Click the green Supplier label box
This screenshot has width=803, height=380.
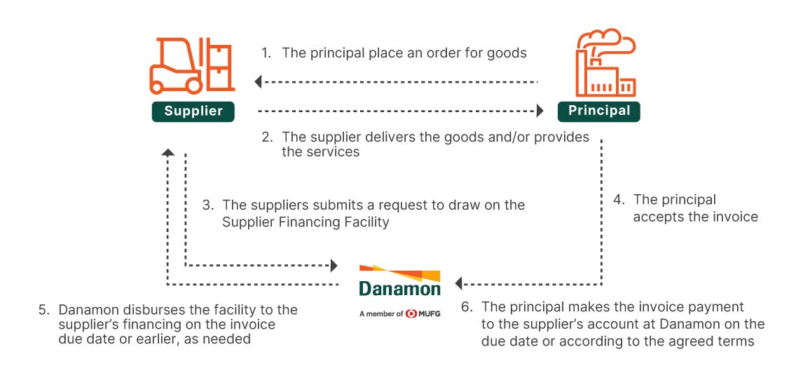(x=193, y=111)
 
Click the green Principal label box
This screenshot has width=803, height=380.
(x=599, y=111)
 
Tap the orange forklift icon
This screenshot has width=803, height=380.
(x=190, y=65)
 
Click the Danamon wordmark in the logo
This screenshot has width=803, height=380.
(x=399, y=288)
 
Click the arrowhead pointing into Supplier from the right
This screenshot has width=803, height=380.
(x=258, y=82)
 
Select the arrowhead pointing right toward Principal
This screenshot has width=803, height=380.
(x=540, y=111)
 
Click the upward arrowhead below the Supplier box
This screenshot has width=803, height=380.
(x=167, y=152)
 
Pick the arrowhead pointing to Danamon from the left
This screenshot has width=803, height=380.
(x=334, y=266)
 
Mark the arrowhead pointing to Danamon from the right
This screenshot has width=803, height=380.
(x=459, y=283)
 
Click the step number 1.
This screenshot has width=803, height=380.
(x=265, y=53)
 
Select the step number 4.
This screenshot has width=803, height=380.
(x=618, y=200)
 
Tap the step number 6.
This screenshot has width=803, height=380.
(x=467, y=307)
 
